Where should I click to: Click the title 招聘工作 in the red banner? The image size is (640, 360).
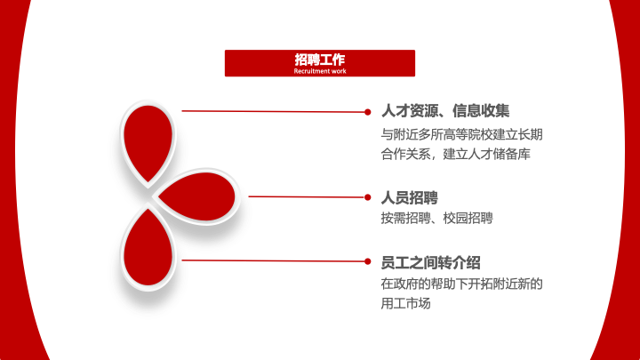tap(320, 59)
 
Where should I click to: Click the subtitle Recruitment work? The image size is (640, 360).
tap(320, 70)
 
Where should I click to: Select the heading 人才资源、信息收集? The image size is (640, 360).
tap(445, 111)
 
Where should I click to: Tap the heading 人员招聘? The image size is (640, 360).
tap(410, 197)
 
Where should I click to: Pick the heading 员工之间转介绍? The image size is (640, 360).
tap(431, 262)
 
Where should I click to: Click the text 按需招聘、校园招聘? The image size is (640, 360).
tap(436, 218)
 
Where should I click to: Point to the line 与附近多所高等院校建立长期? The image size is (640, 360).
tap(461, 134)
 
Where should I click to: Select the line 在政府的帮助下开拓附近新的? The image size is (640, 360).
tap(461, 284)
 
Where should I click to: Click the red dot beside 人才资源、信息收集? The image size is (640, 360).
tap(368, 112)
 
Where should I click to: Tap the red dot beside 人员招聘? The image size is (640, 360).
tap(368, 196)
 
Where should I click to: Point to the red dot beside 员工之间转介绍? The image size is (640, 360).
tap(368, 261)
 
